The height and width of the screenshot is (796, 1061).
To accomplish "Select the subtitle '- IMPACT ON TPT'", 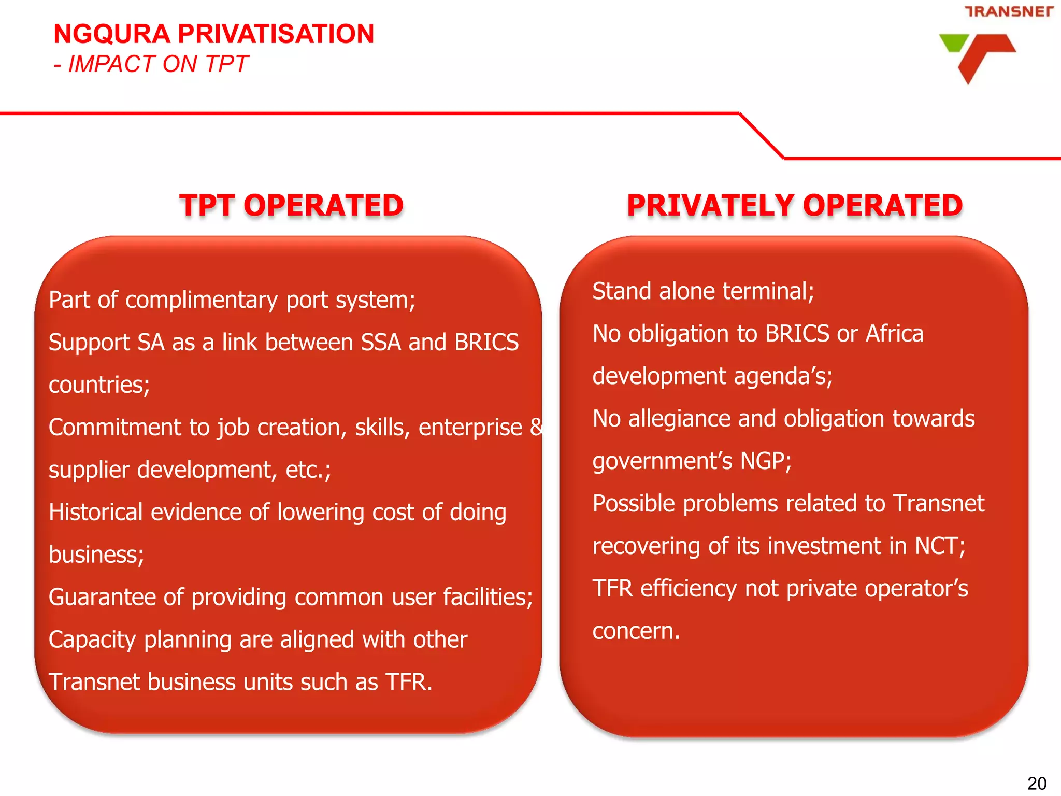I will (x=151, y=64).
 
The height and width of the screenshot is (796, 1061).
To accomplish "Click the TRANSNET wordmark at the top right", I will (x=1009, y=11).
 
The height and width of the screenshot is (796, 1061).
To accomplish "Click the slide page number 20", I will (x=1037, y=783).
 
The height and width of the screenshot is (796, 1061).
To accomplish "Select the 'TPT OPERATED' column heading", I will (x=291, y=205).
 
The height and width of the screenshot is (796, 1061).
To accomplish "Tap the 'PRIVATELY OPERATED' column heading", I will (x=795, y=205).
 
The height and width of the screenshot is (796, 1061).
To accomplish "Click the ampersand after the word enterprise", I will (x=536, y=428).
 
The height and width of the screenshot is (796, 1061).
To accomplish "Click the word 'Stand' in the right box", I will (x=622, y=291).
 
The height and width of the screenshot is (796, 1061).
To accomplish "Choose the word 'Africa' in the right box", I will (x=895, y=334).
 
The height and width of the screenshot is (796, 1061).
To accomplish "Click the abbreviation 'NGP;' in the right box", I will (x=766, y=461).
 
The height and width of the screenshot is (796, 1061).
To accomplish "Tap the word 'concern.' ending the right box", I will (x=636, y=631).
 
